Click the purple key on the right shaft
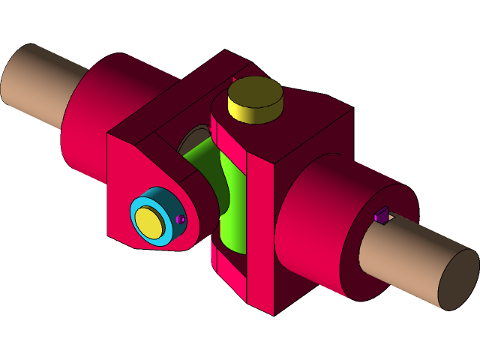(x=381, y=217)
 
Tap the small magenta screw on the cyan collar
(x=181, y=219)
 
